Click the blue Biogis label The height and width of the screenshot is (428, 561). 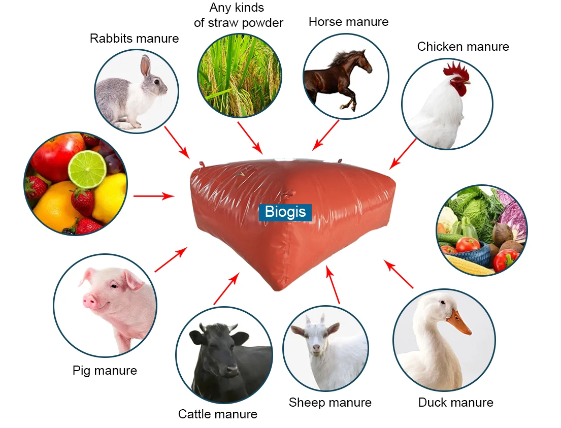[285, 211]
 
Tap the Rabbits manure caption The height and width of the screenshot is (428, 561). [134, 38]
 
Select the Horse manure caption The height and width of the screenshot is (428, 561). [348, 22]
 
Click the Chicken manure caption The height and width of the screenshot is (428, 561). [463, 47]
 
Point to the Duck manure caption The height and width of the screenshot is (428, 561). [455, 403]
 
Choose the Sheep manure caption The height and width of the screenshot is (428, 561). [330, 403]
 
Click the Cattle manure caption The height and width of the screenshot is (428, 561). [217, 414]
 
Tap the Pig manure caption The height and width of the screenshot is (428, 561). [105, 371]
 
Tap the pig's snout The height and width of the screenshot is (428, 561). [90, 301]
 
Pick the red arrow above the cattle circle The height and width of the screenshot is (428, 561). [226, 288]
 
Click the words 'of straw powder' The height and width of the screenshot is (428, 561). [238, 23]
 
